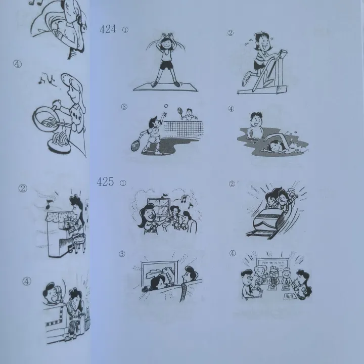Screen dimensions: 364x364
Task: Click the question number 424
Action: point(108,29)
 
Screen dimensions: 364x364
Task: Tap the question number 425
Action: point(105,182)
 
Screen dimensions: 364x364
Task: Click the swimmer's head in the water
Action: point(274,146)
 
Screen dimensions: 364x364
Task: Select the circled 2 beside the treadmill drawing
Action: point(231,33)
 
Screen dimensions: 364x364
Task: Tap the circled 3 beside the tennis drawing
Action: point(124,107)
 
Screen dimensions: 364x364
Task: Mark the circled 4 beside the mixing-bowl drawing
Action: point(18,64)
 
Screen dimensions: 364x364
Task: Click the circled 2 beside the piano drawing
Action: point(22,189)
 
